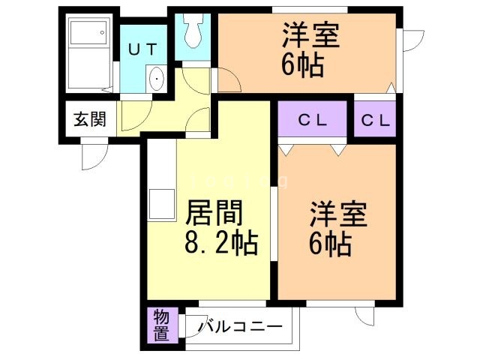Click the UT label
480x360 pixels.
142,50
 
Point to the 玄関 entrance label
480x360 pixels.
88,118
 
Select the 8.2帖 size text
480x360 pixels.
221,243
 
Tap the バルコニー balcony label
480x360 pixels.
240,327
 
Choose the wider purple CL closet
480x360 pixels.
313,120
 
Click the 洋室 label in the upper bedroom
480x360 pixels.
311,36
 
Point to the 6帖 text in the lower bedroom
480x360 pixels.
330,244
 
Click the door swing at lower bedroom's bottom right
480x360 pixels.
365,315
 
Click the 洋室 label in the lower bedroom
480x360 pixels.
339,214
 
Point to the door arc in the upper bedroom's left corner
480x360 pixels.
229,82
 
